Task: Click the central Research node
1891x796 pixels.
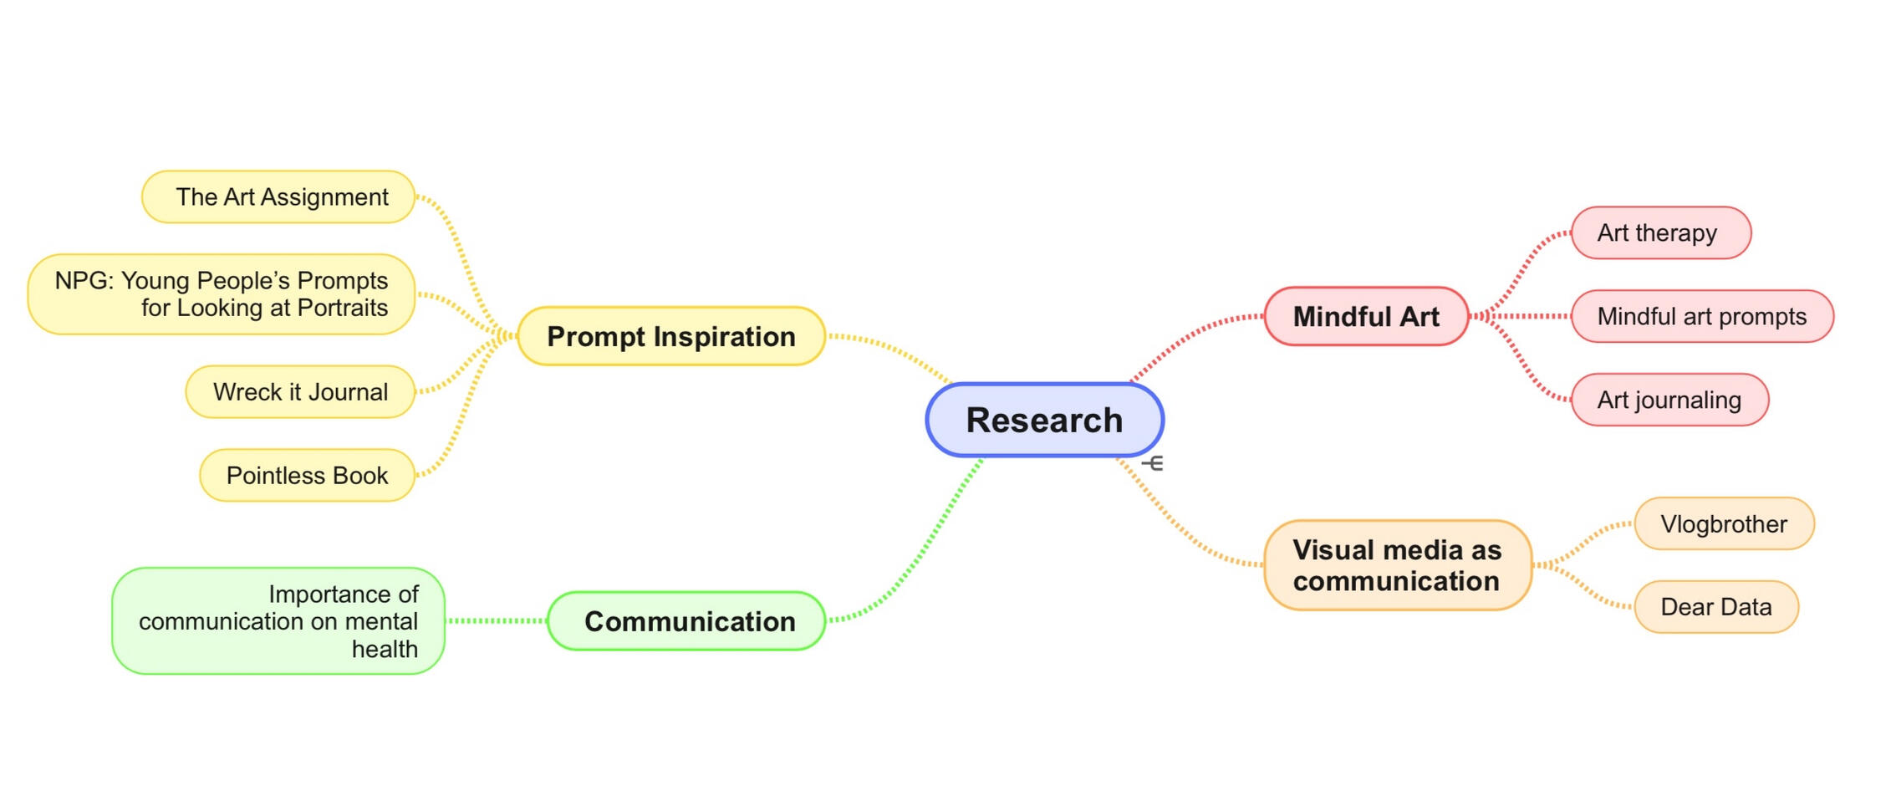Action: click(x=1044, y=420)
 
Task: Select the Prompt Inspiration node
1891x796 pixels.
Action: click(x=671, y=336)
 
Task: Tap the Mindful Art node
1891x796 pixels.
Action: click(x=1366, y=316)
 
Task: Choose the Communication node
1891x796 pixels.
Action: click(x=687, y=621)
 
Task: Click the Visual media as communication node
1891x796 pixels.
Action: click(x=1397, y=565)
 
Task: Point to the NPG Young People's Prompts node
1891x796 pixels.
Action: click(x=222, y=294)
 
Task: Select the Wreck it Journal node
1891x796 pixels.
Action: click(x=300, y=391)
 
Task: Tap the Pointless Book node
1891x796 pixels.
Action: click(x=307, y=475)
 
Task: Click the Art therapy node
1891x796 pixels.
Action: click(x=1660, y=232)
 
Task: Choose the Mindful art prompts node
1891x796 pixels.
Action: click(x=1701, y=316)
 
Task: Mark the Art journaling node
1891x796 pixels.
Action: click(x=1669, y=400)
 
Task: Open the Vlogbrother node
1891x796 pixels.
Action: click(x=1724, y=524)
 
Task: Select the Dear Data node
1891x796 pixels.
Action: click(x=1715, y=607)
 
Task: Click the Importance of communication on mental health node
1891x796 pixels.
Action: click(x=278, y=621)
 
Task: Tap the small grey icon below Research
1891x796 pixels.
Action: click(x=1153, y=463)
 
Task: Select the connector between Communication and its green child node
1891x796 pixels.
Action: click(x=497, y=620)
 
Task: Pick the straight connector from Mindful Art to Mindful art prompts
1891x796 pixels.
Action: click(x=1521, y=316)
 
